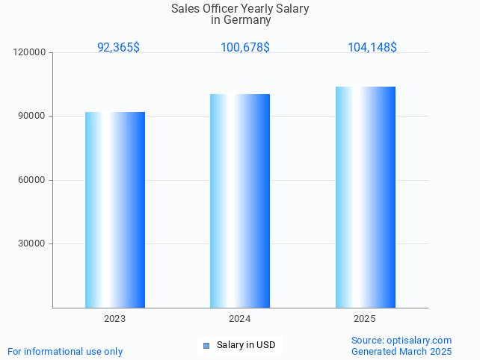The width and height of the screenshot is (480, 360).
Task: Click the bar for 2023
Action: [114, 210]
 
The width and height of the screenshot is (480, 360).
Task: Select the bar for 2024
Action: [240, 201]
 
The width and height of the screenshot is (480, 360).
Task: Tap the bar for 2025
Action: [365, 197]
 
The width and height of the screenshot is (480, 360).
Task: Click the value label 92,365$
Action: [118, 47]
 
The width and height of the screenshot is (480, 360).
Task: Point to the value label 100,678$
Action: [245, 47]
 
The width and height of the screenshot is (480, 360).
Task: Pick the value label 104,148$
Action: [372, 47]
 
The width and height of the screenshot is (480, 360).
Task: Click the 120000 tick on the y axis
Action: [30, 53]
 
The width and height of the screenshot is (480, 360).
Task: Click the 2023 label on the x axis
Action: [114, 319]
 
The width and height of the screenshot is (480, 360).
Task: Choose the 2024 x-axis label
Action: [240, 319]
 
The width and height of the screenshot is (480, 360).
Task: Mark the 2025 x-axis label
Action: [365, 319]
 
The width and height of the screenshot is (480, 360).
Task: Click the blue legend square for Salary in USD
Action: [206, 345]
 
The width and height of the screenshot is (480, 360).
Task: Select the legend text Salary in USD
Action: [246, 345]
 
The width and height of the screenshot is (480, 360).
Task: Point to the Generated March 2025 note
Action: [401, 351]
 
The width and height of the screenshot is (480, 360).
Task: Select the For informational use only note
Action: [65, 351]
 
